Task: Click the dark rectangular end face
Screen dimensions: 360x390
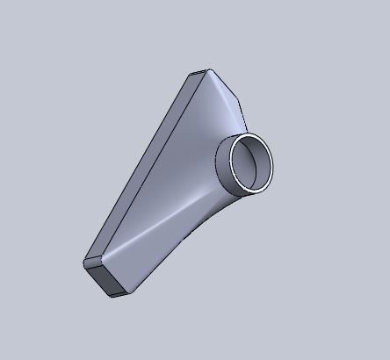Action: (110, 279)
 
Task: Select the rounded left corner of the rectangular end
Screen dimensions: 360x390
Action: (86, 262)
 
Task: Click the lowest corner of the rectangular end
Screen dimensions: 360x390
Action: (112, 296)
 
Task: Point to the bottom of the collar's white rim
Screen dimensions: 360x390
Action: (249, 191)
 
